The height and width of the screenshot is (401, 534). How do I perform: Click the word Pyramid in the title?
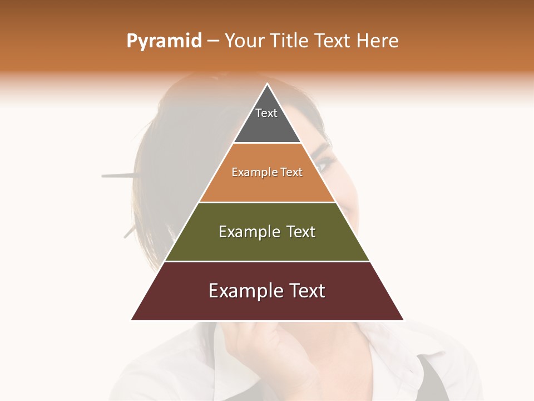point(164,41)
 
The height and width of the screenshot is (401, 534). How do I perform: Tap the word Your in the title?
point(244,41)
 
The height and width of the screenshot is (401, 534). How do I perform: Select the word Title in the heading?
point(289,41)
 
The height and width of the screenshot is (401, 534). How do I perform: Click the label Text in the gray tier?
point(266,113)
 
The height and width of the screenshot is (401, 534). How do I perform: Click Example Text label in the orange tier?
point(267,172)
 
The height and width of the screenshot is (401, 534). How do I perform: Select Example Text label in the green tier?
point(267,232)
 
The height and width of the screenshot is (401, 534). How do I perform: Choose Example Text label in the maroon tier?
point(267,291)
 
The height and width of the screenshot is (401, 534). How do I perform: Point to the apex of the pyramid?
point(268,85)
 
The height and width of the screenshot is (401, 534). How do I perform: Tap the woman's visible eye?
point(324,164)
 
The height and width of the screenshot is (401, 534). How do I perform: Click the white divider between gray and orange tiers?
point(267,143)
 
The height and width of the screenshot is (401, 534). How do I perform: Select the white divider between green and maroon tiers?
point(267,261)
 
